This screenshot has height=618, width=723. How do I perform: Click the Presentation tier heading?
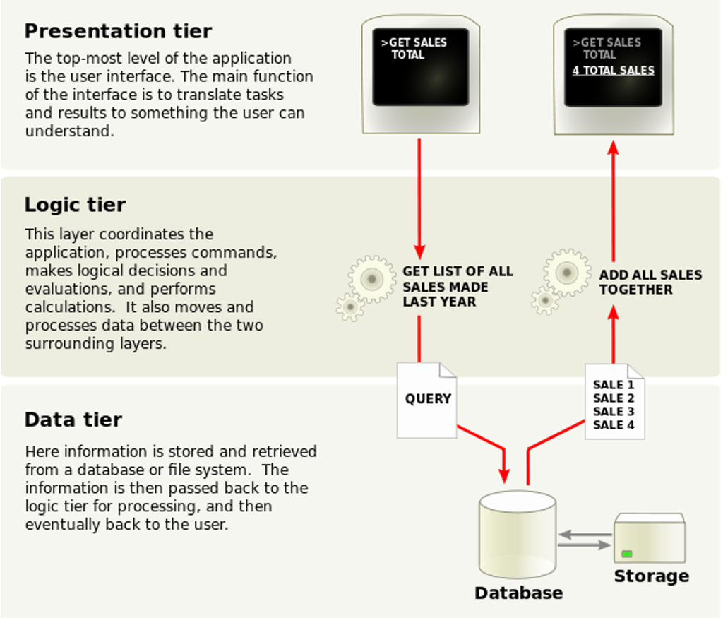coord(118,31)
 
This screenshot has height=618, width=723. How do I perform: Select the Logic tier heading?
coord(75,205)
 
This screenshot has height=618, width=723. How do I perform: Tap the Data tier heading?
coord(73,420)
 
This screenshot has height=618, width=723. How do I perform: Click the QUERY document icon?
coord(427,400)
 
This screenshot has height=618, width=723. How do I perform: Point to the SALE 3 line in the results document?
coord(614,411)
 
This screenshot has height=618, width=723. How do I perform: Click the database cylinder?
coord(518,534)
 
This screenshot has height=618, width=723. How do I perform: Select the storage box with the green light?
coord(650,537)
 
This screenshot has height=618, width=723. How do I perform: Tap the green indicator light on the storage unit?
coord(627,554)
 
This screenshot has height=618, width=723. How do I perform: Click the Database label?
coord(519,593)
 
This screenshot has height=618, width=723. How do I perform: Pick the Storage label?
coord(652,576)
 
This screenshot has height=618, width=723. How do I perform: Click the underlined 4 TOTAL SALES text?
coord(614,71)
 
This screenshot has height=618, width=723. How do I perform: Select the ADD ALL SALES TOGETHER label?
coord(650,283)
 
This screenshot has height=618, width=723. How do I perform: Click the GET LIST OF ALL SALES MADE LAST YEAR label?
coord(458,287)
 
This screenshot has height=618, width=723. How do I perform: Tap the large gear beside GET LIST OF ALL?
coord(372,278)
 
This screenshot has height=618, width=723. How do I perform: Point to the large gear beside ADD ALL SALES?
coord(567,273)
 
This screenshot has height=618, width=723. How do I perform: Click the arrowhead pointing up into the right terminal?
coord(614,147)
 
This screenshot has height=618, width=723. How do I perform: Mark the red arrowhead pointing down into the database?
coord(504,476)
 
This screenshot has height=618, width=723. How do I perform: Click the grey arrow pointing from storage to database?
coord(585,535)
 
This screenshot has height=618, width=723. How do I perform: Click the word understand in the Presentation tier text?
coord(69,131)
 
